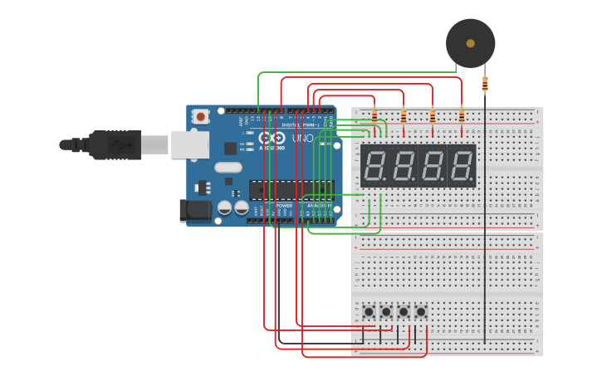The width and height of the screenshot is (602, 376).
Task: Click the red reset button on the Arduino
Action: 200,117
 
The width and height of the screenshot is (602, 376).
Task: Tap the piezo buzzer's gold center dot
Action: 471,43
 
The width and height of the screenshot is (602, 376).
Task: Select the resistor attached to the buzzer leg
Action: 485,84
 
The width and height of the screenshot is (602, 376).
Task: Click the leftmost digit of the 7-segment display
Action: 374,166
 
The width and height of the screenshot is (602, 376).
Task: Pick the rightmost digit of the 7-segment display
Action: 462,166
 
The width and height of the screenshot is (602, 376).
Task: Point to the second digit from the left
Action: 404,166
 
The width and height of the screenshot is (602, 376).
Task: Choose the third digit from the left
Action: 433,166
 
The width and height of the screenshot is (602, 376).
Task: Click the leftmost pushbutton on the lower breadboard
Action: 369,312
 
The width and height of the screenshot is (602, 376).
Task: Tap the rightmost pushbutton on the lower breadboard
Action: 421,312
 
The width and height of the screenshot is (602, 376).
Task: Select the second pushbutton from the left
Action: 386,312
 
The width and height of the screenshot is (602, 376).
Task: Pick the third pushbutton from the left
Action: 404,312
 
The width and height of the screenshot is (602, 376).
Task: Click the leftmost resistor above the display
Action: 374,115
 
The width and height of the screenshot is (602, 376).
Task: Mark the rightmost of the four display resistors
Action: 462,115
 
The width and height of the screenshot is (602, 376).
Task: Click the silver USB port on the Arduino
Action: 189,144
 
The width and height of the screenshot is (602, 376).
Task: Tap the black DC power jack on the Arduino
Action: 195,210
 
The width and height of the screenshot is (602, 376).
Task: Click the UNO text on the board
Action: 302,139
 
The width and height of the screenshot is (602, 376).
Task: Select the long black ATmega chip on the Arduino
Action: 290,190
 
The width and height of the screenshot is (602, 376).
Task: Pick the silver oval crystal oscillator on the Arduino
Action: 228,167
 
